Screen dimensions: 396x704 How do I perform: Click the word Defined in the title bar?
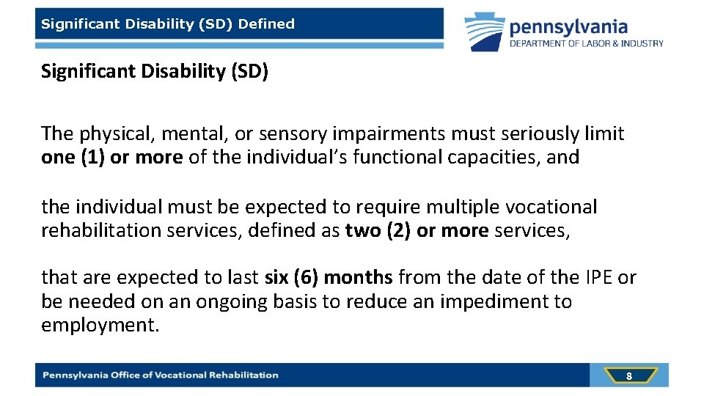point(266,23)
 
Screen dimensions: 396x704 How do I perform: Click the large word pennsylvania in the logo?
point(568,27)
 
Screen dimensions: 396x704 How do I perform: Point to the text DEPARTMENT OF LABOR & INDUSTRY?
point(587,44)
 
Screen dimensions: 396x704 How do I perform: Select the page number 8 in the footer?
point(628,375)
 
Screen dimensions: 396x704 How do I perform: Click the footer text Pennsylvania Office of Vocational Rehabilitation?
point(161,375)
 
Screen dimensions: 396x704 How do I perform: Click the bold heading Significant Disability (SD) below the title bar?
point(155,72)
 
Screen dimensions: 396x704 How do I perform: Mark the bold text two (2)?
point(378,230)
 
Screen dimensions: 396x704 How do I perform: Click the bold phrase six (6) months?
point(329,277)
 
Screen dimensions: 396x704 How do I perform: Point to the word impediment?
point(494,301)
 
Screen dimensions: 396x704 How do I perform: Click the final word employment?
point(99,325)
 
